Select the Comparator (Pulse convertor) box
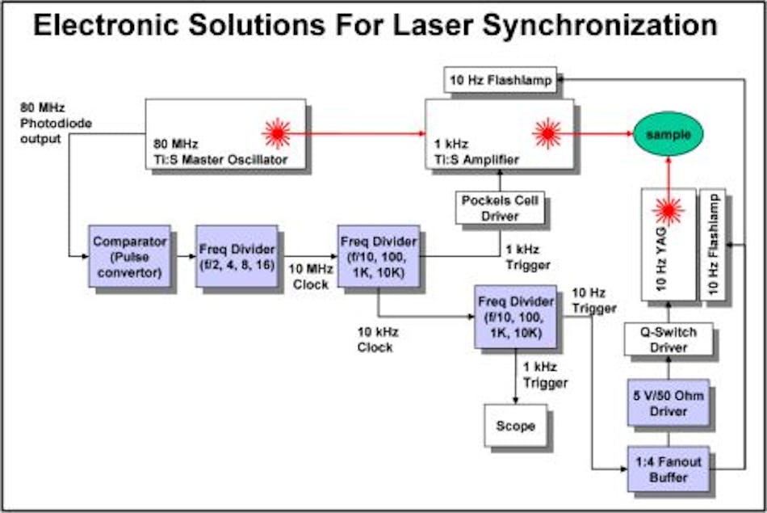tap(129, 255)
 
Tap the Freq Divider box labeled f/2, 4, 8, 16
tap(237, 255)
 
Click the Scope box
tap(516, 425)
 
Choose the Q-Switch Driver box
tap(669, 339)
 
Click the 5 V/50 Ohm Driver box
tap(669, 402)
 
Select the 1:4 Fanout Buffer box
tap(669, 469)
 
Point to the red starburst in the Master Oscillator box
tap(277, 133)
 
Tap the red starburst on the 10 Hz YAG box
tap(668, 211)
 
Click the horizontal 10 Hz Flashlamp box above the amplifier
tap(501, 79)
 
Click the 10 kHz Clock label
tap(376, 340)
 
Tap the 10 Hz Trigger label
tap(593, 300)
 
